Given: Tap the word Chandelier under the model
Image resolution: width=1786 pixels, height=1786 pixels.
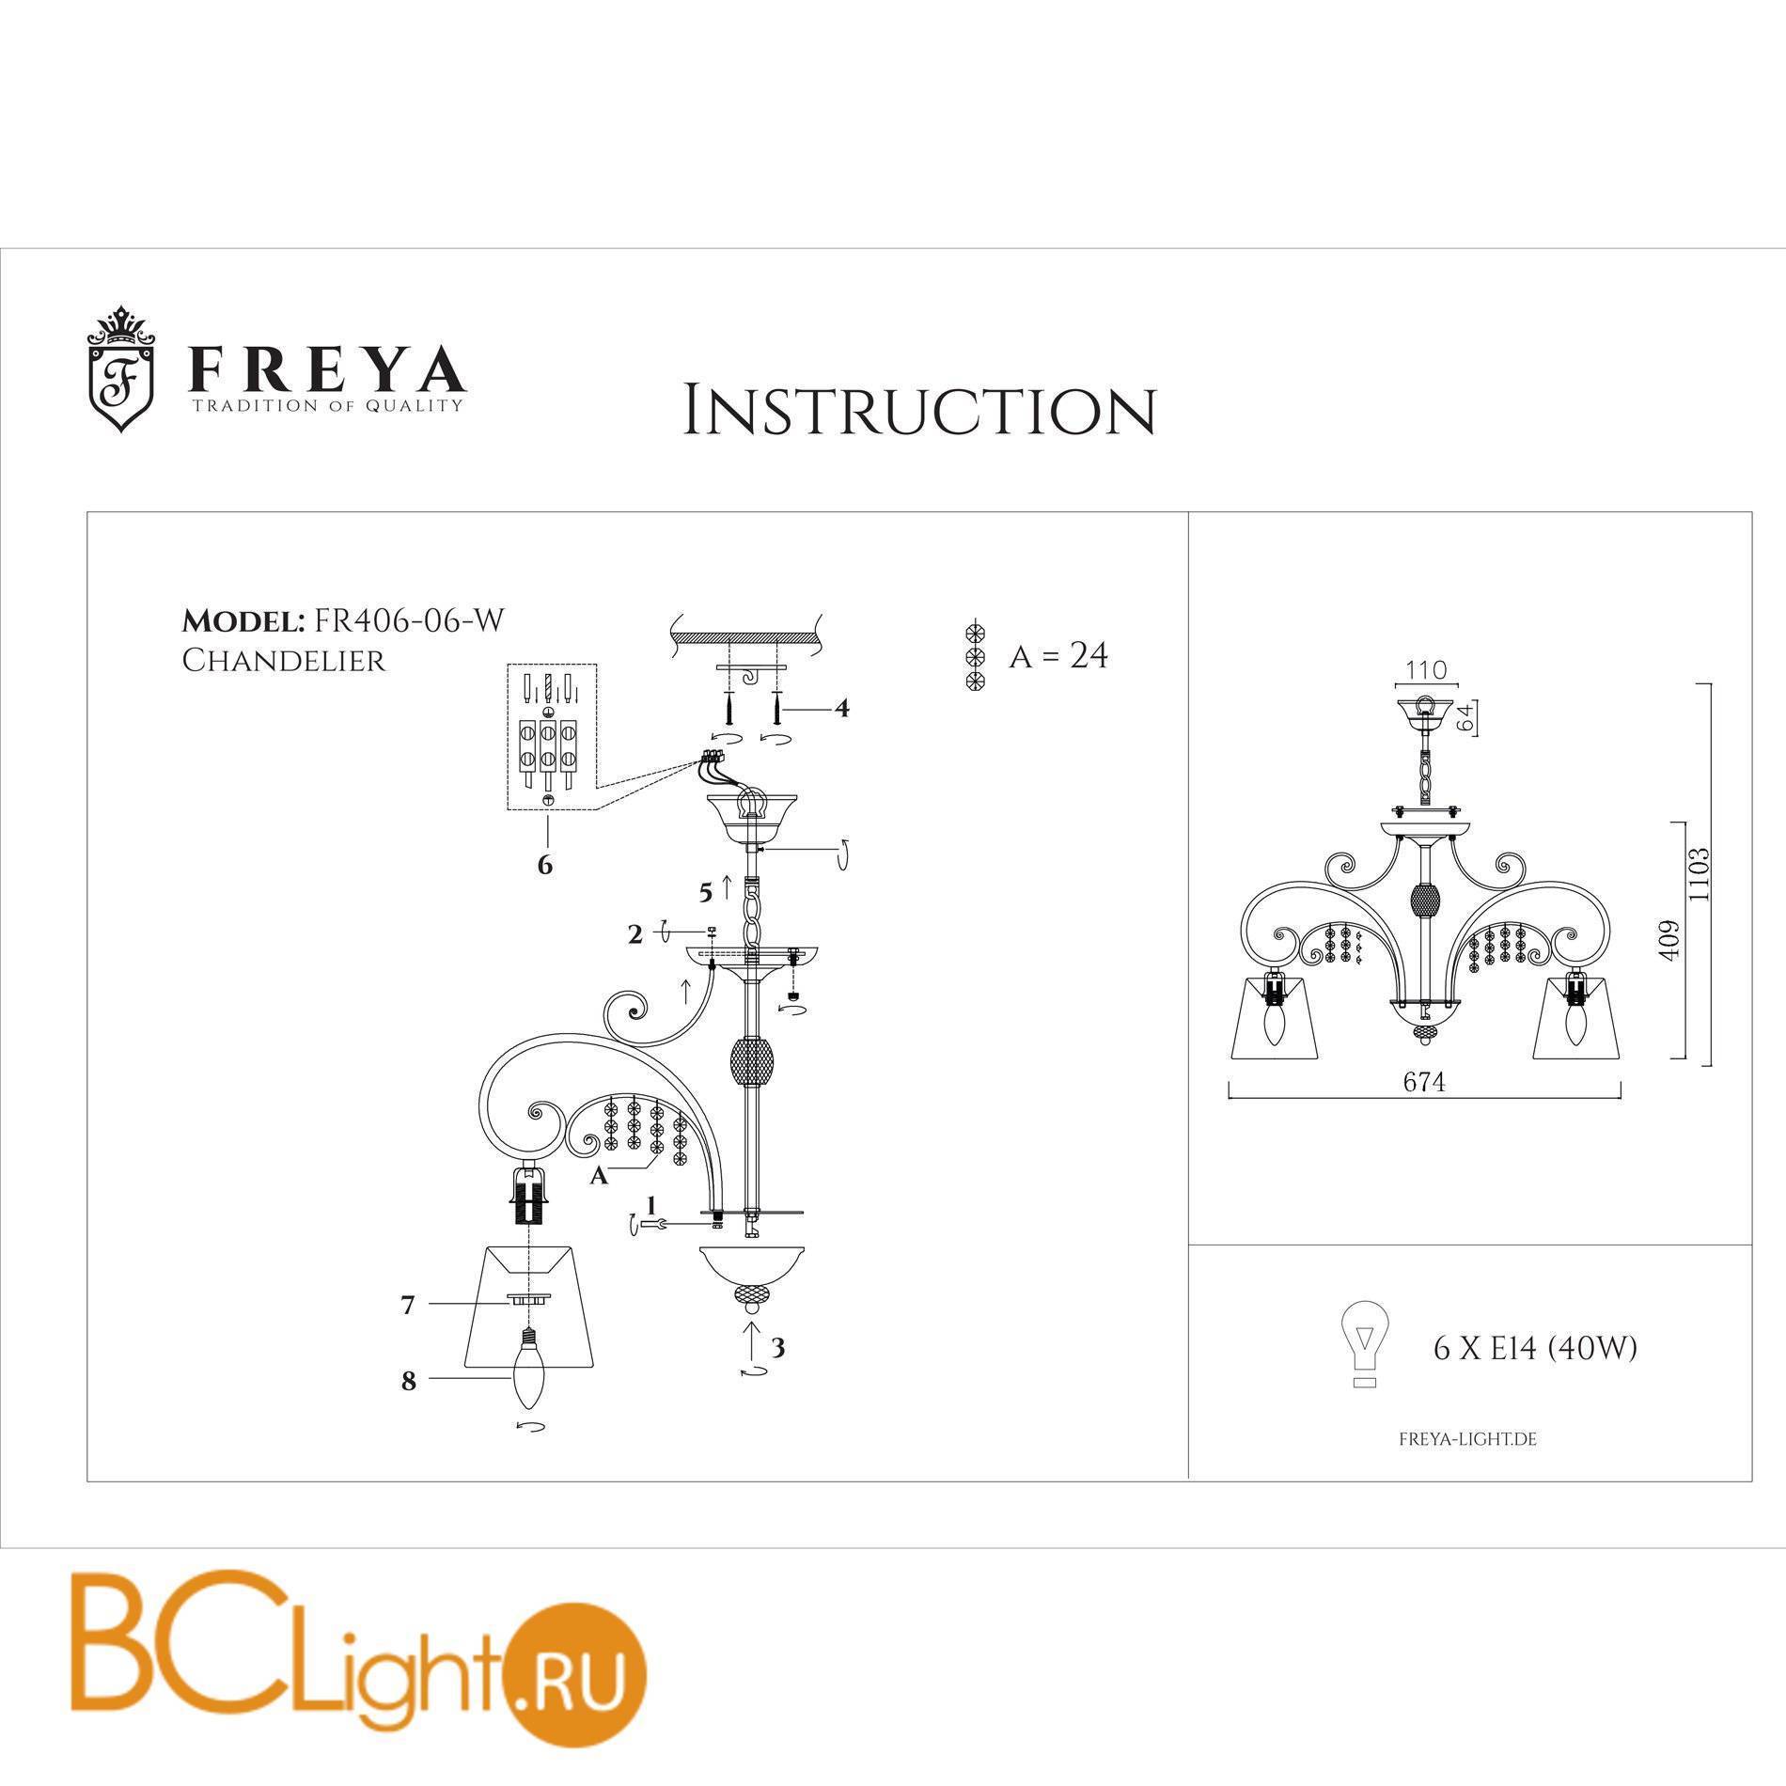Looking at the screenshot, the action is pos(283,660).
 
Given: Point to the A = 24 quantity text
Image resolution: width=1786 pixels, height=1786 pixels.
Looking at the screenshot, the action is pos(1058,655).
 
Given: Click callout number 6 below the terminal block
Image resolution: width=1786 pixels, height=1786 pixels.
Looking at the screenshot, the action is pos(545,866).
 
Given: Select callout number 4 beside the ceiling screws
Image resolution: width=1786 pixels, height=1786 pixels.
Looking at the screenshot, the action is pos(842,708).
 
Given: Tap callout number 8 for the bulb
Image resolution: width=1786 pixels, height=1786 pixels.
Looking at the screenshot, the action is pos(408,1382).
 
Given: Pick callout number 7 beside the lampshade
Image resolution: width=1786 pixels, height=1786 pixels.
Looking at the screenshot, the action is pos(408,1306).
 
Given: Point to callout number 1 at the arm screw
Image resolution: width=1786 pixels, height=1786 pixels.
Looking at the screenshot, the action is pos(650,1203).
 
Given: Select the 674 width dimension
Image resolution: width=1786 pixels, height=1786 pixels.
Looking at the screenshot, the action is pos(1424,1084).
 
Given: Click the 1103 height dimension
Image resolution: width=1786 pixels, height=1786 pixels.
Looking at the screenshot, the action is pos(1697,875).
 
